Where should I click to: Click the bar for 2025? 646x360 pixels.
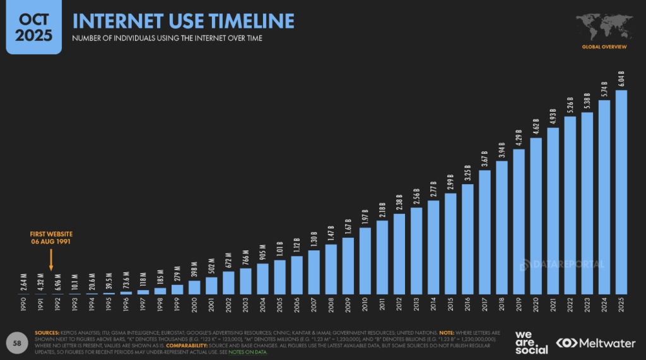tap(621, 192)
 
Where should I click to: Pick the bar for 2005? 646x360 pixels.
tap(279, 277)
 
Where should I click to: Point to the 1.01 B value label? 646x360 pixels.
tap(279, 248)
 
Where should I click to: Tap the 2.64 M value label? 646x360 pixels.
tap(23, 282)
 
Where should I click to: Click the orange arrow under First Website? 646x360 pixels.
tap(51, 260)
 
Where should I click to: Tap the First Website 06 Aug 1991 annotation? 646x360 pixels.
tap(51, 238)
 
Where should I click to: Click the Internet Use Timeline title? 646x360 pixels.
tap(183, 21)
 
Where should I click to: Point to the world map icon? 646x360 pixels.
tap(604, 26)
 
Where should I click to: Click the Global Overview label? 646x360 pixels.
tap(604, 47)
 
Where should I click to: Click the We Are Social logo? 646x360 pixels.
tap(531, 342)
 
